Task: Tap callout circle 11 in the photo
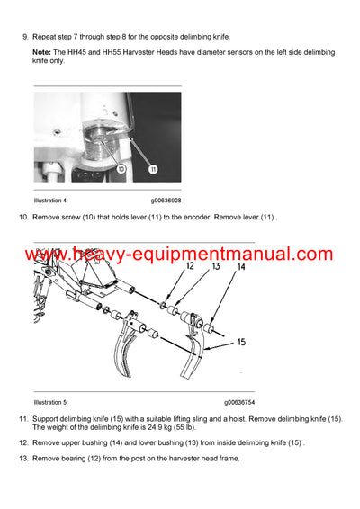click(x=153, y=168)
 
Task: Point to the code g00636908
click(x=168, y=200)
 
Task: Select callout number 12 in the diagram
click(x=191, y=266)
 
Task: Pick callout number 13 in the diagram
click(x=216, y=266)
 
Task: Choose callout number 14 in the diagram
click(x=240, y=267)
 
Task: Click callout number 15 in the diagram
click(x=242, y=342)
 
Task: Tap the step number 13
click(x=23, y=460)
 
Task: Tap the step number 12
click(x=23, y=443)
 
